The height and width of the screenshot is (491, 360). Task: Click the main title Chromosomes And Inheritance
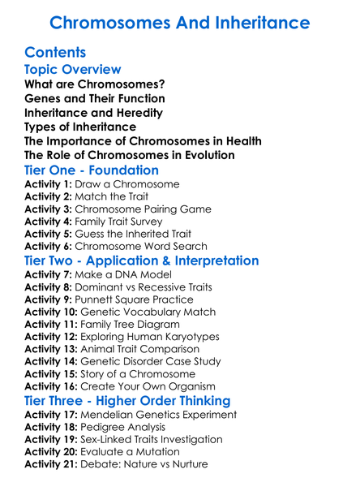point(180,20)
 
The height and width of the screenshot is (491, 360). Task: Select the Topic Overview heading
point(73,70)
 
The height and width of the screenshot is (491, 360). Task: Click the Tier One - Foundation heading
point(92,170)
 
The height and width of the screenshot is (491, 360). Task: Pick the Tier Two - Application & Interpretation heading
point(142,261)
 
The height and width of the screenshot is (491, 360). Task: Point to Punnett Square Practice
point(136,300)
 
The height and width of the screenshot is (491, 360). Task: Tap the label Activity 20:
point(54,452)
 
